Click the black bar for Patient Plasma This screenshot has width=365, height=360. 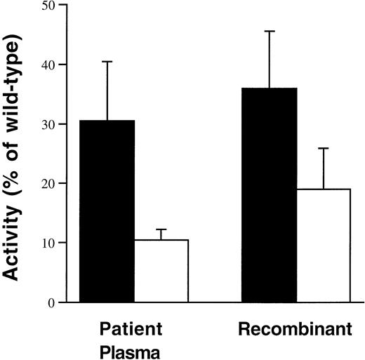click(108, 211)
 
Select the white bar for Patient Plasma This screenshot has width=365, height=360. click(161, 271)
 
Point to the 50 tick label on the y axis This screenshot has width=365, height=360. click(47, 6)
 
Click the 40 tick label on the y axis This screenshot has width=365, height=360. click(47, 65)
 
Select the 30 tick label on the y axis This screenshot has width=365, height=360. click(47, 124)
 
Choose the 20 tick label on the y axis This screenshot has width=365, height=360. click(47, 184)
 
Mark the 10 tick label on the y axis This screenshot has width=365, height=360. click(47, 243)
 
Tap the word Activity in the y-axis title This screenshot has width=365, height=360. click(15, 242)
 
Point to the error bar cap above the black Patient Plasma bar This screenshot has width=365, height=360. click(108, 62)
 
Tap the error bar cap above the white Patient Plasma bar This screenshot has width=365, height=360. click(161, 229)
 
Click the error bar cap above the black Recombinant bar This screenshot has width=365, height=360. click(270, 32)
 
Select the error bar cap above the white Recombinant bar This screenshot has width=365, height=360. click(323, 149)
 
